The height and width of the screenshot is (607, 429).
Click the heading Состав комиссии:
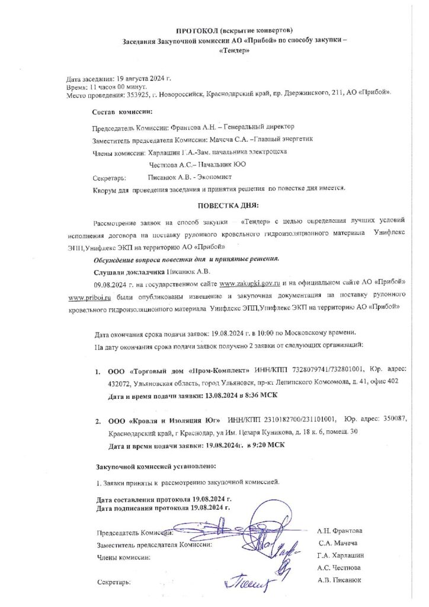122,112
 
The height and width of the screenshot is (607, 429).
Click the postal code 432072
121,382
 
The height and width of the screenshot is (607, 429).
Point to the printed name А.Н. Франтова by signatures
340,531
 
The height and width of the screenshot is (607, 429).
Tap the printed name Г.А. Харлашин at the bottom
341,555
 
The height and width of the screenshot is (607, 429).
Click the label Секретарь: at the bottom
114,582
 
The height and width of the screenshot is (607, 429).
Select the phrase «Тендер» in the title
234,51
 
